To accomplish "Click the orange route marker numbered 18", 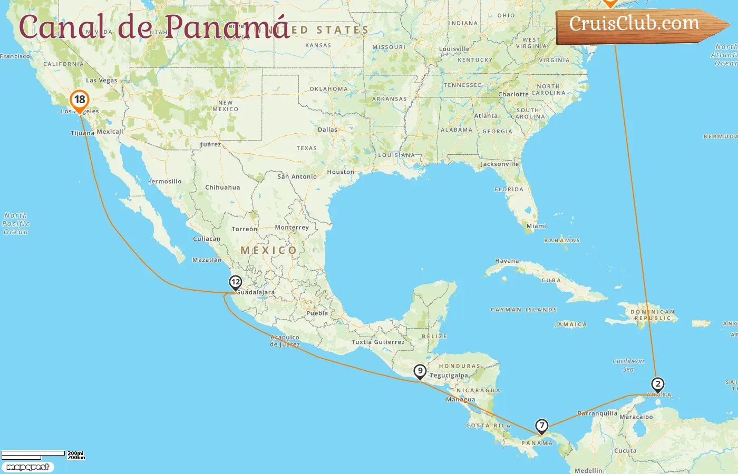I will (x=80, y=100).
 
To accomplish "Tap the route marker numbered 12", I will (x=236, y=283).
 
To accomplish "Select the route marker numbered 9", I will (x=420, y=371).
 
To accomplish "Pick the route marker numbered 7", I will (x=541, y=426).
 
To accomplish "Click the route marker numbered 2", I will (x=657, y=384).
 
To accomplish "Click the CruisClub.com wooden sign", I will (x=638, y=24).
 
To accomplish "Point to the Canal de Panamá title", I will (x=154, y=26).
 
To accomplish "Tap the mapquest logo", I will (x=27, y=467).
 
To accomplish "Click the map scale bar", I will (x=34, y=454).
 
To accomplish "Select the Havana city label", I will (x=507, y=261).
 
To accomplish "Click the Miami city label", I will (x=536, y=226).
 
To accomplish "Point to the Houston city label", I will (x=341, y=172).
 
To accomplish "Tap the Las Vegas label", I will (x=102, y=81).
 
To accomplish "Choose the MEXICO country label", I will (x=268, y=250).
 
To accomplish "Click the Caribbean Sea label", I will (x=628, y=365).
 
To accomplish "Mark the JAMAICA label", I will (x=570, y=324).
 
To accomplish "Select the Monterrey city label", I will (x=292, y=228).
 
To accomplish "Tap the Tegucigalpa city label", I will (x=449, y=376).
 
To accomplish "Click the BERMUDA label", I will (x=720, y=136).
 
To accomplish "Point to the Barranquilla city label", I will (x=597, y=413).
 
